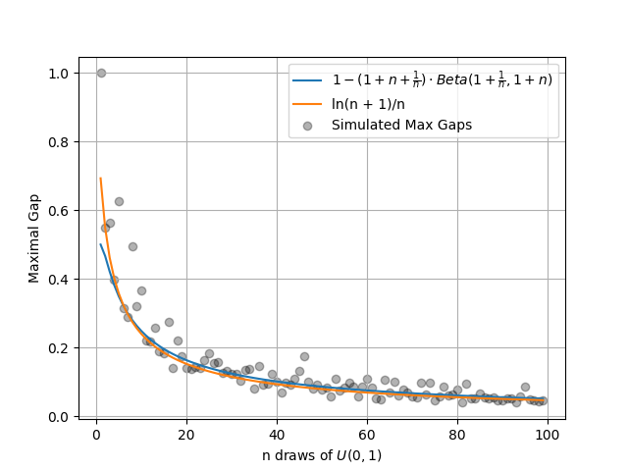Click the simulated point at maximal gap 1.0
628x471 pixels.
pyautogui.click(x=101, y=73)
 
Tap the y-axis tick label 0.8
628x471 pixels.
pyautogui.click(x=59, y=142)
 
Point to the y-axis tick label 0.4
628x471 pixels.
pyautogui.click(x=59, y=280)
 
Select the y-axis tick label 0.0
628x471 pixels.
pyautogui.click(x=59, y=417)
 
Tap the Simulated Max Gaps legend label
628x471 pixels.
pyautogui.click(x=401, y=125)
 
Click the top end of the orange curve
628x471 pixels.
pyautogui.click(x=101, y=179)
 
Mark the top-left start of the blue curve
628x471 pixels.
pyautogui.click(x=101, y=244)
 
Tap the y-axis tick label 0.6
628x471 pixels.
pyautogui.click(x=59, y=211)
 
